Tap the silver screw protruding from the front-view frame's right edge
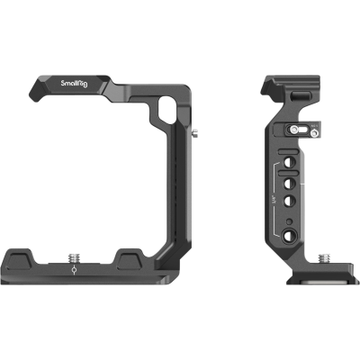click(196, 136)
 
